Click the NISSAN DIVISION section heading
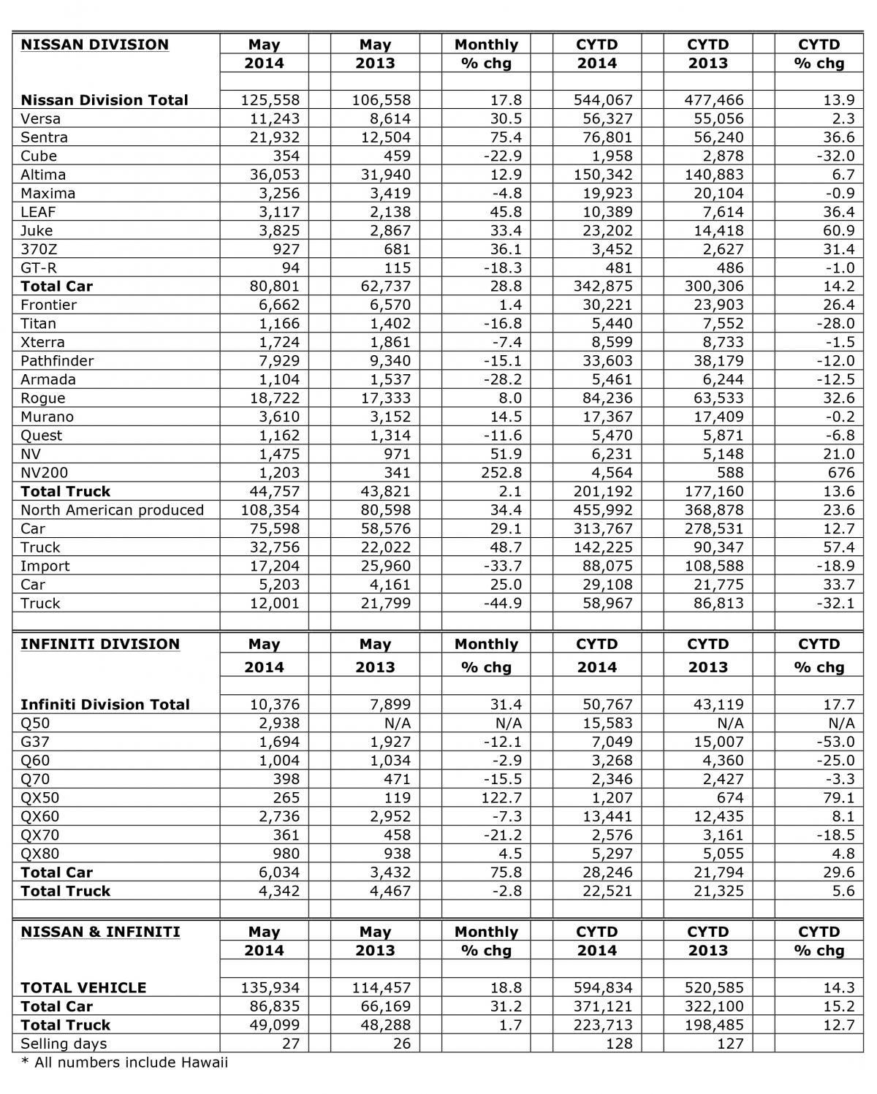click(94, 45)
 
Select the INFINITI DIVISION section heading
click(100, 644)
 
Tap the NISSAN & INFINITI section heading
click(100, 932)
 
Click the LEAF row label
click(39, 212)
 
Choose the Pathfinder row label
click(57, 361)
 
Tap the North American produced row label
click(112, 510)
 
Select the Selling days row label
click(64, 1044)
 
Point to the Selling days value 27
click(290, 1044)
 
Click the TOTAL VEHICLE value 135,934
click(270, 987)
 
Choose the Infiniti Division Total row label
click(105, 704)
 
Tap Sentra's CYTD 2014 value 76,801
click(604, 137)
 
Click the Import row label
click(45, 566)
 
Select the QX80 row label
click(40, 854)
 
